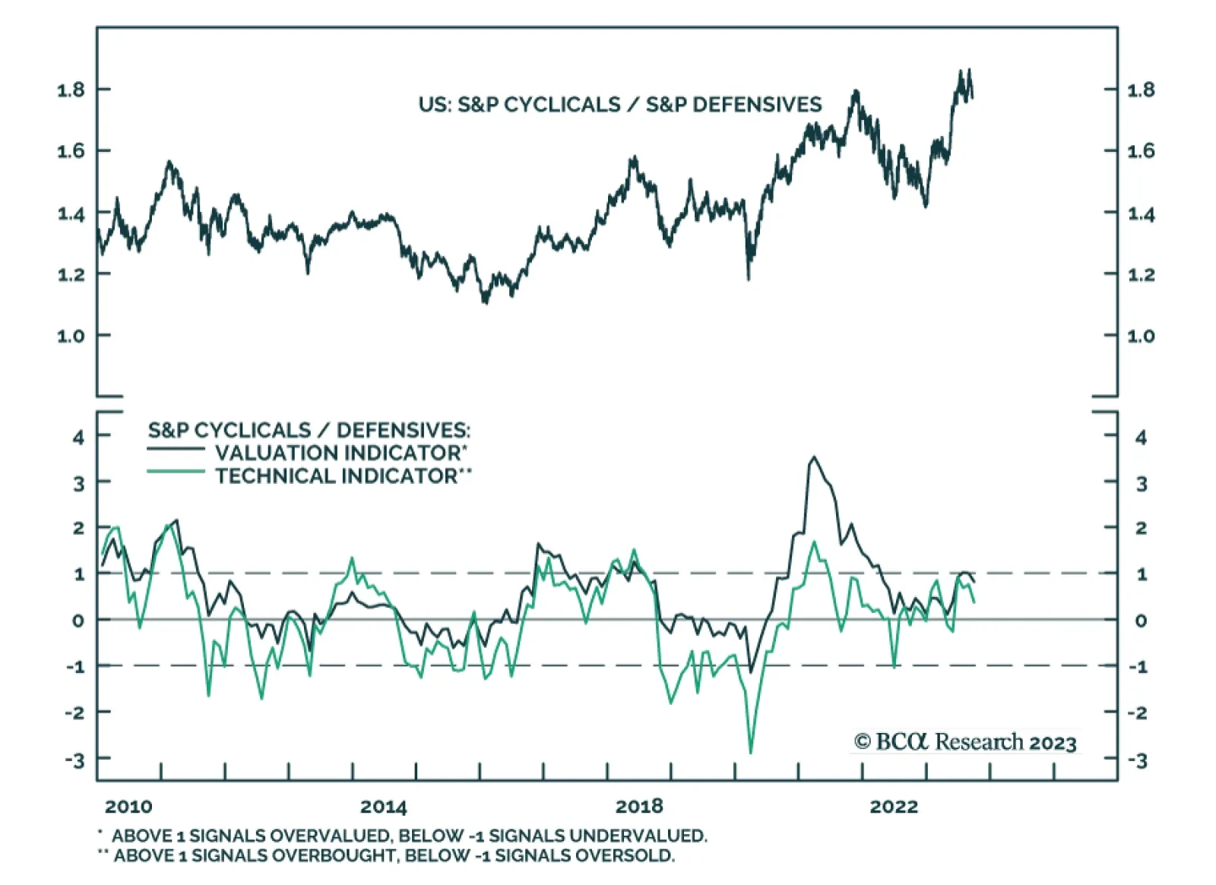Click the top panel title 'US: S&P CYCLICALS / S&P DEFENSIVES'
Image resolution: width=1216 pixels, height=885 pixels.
click(619, 104)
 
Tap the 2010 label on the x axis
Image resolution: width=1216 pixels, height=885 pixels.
click(128, 806)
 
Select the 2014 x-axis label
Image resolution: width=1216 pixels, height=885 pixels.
click(383, 806)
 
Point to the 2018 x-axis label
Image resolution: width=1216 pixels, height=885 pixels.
click(638, 806)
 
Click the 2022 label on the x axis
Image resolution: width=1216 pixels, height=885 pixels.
click(894, 806)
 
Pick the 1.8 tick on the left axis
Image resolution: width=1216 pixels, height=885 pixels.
click(71, 90)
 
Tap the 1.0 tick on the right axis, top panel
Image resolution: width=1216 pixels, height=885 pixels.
click(1140, 335)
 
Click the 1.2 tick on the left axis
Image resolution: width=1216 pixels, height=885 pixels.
click(71, 273)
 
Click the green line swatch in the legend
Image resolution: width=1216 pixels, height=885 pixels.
click(176, 473)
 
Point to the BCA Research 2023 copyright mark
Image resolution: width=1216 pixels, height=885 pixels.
click(965, 741)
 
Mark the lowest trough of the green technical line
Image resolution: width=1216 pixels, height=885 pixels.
click(751, 753)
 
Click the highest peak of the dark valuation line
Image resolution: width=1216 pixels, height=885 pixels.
click(814, 457)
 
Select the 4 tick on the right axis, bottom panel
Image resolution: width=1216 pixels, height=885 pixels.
click(1140, 437)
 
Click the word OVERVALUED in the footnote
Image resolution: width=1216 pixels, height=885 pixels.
click(329, 836)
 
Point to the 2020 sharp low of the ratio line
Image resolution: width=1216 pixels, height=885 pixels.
click(749, 279)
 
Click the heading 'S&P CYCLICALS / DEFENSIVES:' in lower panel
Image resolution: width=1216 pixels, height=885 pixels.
click(309, 430)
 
